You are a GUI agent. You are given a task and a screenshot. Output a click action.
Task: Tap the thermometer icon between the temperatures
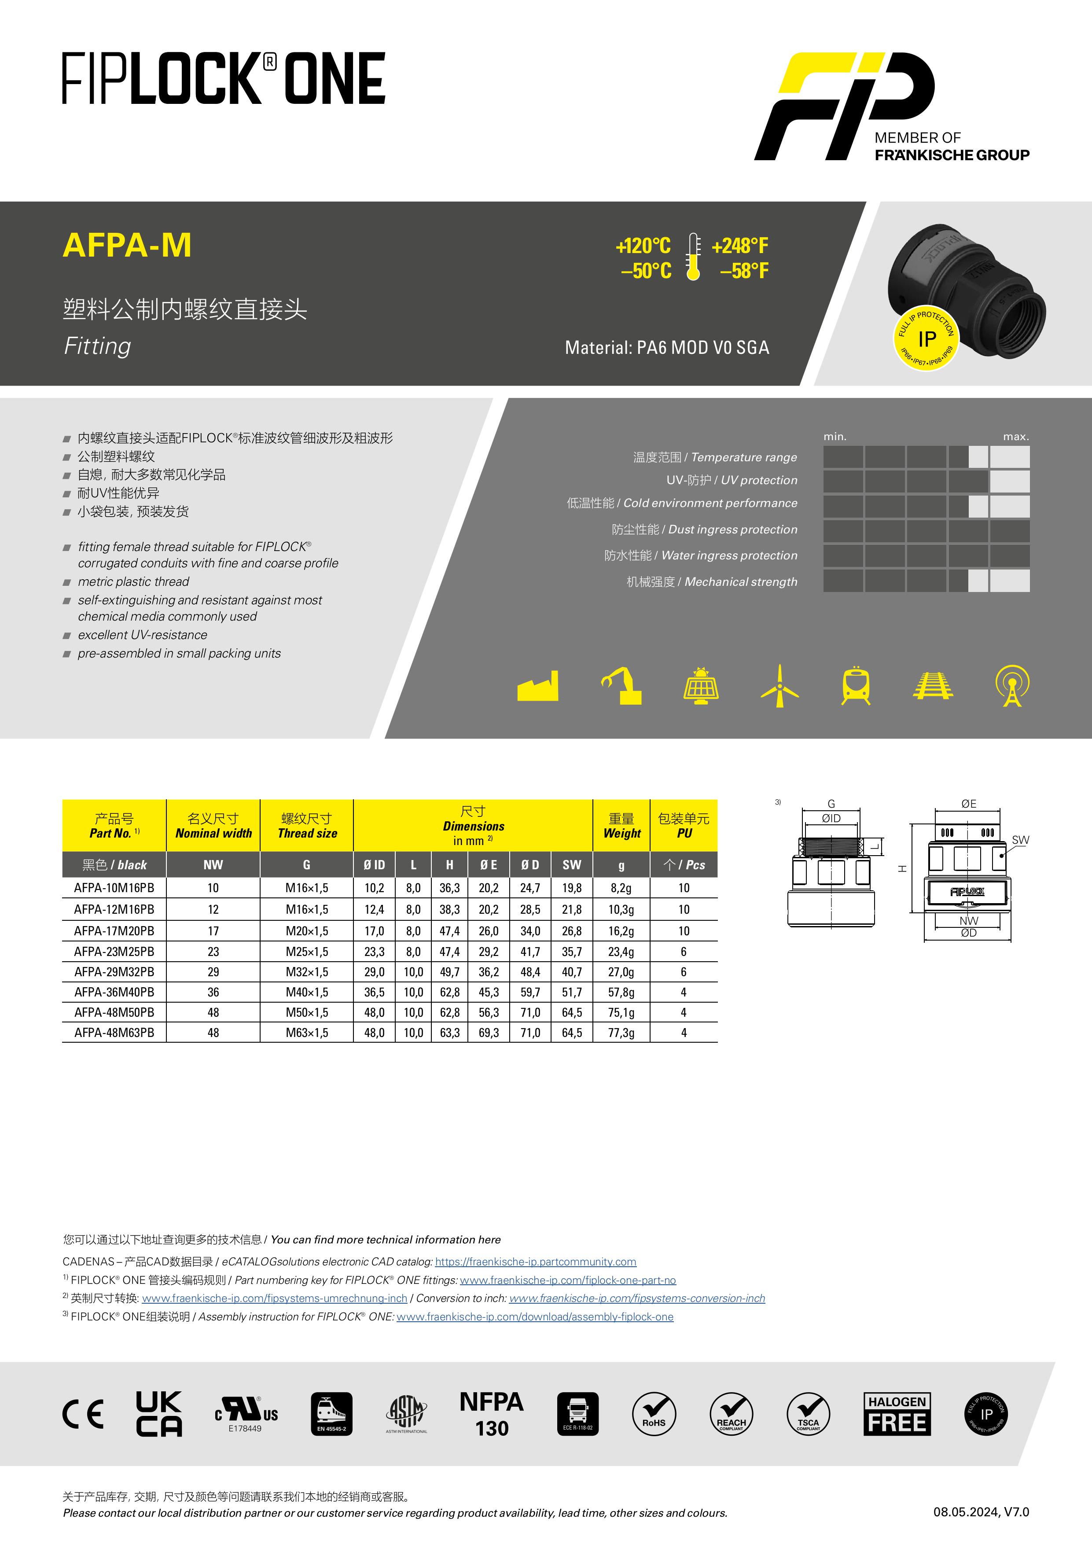click(x=693, y=257)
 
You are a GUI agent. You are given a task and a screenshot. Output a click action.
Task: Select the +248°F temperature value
click(x=739, y=246)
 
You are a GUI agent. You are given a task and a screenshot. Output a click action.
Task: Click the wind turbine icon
click(x=779, y=686)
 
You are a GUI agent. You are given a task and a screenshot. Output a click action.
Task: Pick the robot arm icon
click(x=622, y=686)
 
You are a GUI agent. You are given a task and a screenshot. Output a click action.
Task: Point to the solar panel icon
click(x=701, y=686)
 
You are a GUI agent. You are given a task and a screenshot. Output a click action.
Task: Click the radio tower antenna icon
click(x=1012, y=686)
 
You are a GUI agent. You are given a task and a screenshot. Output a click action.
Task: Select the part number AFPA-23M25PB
click(x=114, y=952)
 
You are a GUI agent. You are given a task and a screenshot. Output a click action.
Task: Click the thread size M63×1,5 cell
click(x=307, y=1032)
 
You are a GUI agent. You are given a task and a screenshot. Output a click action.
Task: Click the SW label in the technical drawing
click(x=1020, y=840)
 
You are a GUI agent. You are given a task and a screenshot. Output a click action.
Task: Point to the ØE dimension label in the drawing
click(x=968, y=804)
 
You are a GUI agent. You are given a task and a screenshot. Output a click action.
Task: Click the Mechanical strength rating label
click(x=741, y=582)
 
